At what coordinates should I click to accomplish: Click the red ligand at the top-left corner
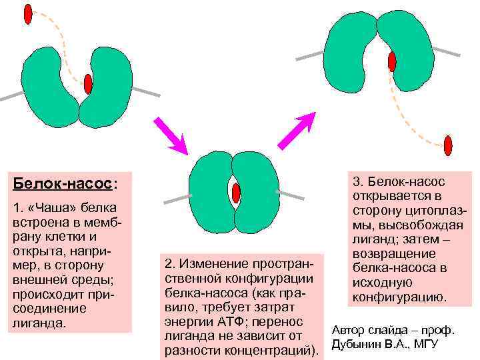(28, 13)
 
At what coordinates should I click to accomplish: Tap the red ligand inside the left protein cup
(88, 83)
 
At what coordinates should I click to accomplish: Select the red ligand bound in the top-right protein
(392, 61)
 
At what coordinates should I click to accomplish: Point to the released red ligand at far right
(448, 145)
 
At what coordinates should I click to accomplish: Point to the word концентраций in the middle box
(276, 349)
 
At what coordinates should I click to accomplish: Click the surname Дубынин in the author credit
(357, 343)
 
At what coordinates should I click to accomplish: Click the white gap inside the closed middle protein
(235, 192)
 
